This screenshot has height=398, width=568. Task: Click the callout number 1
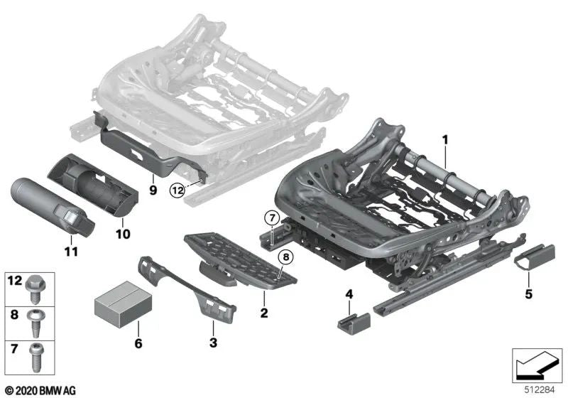point(445,140)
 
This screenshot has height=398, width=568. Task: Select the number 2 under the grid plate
point(264,313)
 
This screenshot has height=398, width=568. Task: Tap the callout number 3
point(214,343)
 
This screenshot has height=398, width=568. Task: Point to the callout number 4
point(349,294)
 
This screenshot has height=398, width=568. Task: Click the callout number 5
point(528,294)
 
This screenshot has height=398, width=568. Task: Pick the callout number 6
point(138,343)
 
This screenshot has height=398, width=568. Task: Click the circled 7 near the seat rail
point(272,218)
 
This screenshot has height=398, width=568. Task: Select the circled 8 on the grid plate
point(286,257)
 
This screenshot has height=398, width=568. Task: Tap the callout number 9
point(153,190)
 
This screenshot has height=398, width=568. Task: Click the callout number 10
point(123,234)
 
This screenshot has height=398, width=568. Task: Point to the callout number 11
point(71,251)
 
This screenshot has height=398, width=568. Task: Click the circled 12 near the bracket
point(177,190)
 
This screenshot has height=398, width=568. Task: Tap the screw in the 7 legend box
point(36,357)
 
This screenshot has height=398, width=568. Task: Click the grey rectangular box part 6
point(123,303)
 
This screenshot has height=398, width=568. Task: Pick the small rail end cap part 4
point(354,323)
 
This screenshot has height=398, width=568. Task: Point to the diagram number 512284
point(540,390)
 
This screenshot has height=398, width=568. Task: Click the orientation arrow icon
point(537,365)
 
